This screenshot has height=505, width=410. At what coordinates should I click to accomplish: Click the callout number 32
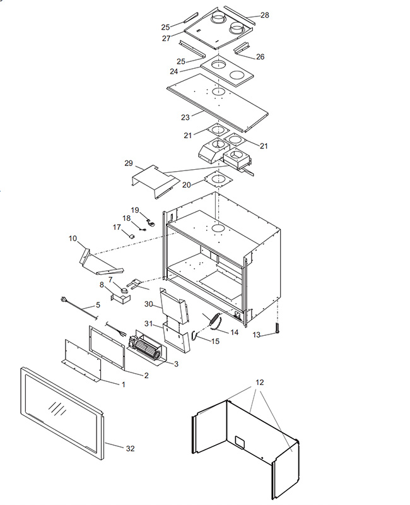coord(130,448)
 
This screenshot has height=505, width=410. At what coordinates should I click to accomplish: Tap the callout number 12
coord(260,383)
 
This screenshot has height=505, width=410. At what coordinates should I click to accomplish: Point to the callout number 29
coord(128,163)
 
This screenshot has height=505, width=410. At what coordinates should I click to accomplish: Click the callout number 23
coord(185,117)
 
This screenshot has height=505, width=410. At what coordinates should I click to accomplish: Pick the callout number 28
coord(264,15)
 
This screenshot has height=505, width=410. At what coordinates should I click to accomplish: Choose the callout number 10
coord(73,239)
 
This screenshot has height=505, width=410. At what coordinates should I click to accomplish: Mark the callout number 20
coord(187,184)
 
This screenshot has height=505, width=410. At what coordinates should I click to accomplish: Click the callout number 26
coord(260,57)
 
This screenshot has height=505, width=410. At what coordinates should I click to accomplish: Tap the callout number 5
coord(98,305)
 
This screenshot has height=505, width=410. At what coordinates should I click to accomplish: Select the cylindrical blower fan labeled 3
coord(146,349)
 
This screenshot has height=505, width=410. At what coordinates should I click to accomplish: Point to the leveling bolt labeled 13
coord(276,328)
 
